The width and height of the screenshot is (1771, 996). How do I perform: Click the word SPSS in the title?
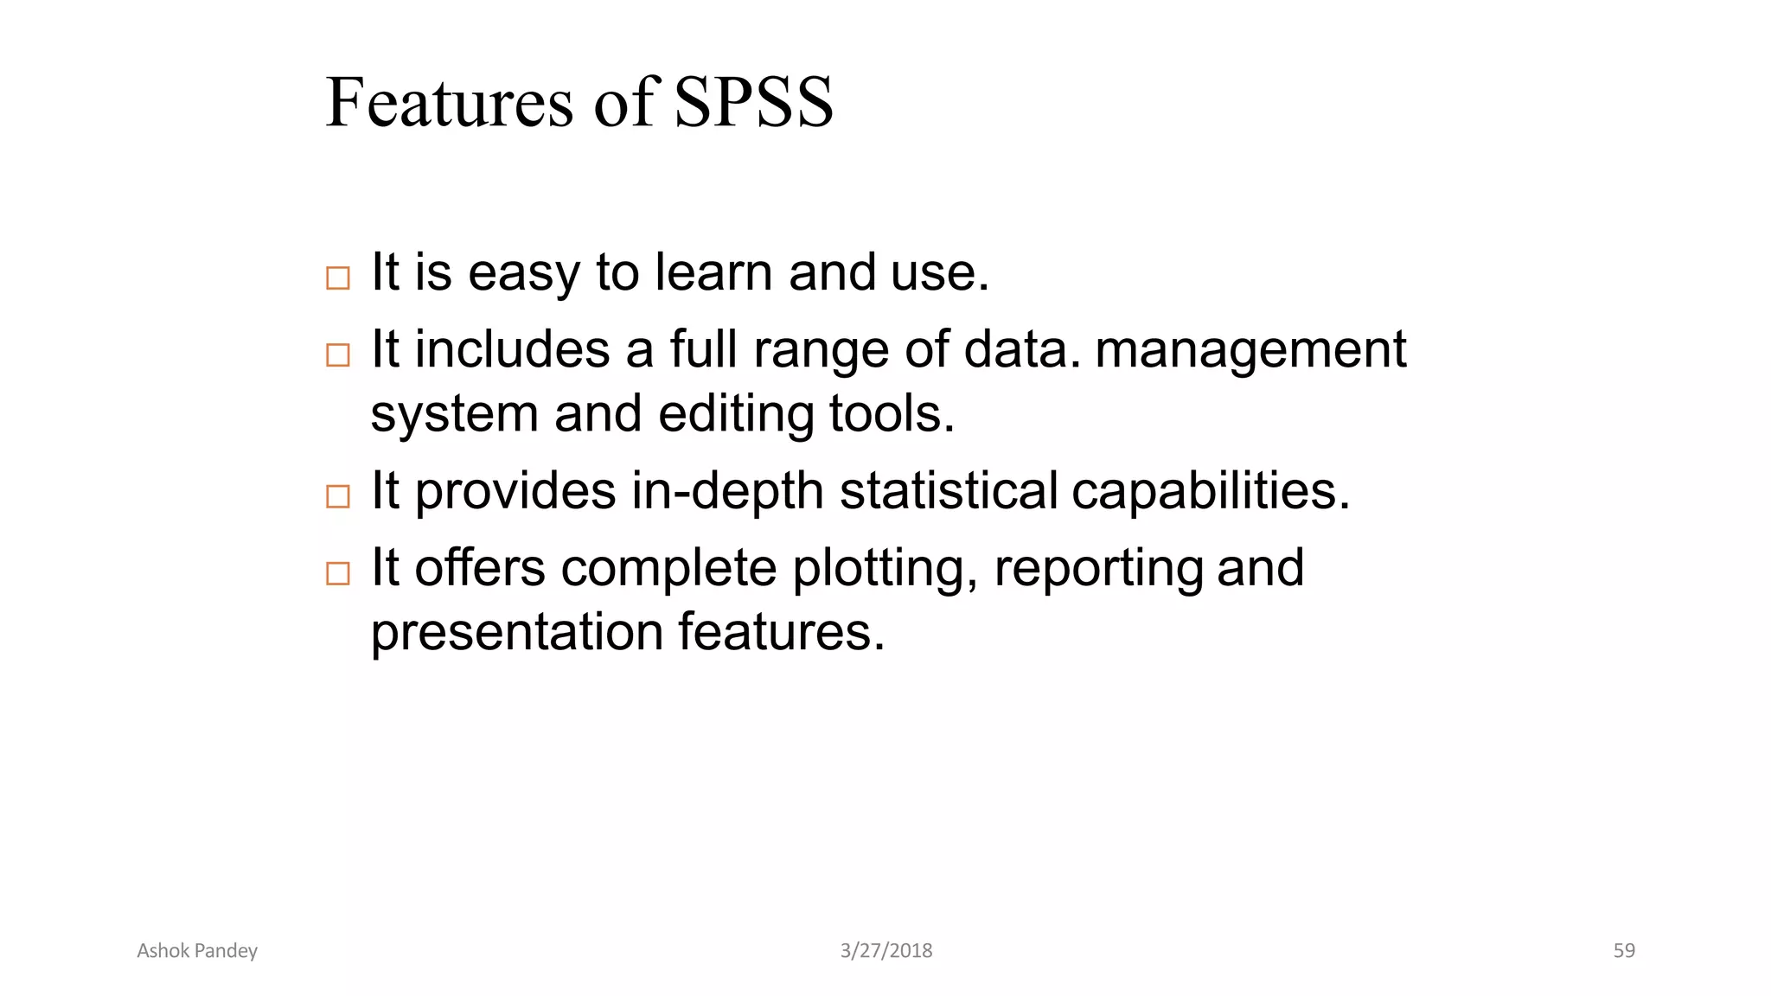click(x=753, y=103)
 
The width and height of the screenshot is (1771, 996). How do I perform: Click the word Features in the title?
click(x=449, y=103)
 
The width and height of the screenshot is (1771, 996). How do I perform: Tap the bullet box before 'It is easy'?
click(x=338, y=278)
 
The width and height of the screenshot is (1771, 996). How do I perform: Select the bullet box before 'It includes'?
click(x=338, y=354)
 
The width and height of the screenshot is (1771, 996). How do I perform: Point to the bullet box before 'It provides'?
click(x=338, y=496)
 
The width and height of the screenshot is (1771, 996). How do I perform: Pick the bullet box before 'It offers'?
click(x=338, y=573)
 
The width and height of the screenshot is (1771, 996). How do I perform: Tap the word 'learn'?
click(x=714, y=273)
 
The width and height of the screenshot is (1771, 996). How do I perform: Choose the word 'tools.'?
click(x=892, y=415)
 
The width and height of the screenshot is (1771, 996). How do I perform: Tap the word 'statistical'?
click(x=949, y=491)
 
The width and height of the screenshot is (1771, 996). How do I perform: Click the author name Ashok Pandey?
click(x=197, y=951)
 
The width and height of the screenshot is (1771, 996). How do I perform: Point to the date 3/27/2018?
click(x=886, y=951)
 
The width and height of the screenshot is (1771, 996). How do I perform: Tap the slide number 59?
click(x=1624, y=951)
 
